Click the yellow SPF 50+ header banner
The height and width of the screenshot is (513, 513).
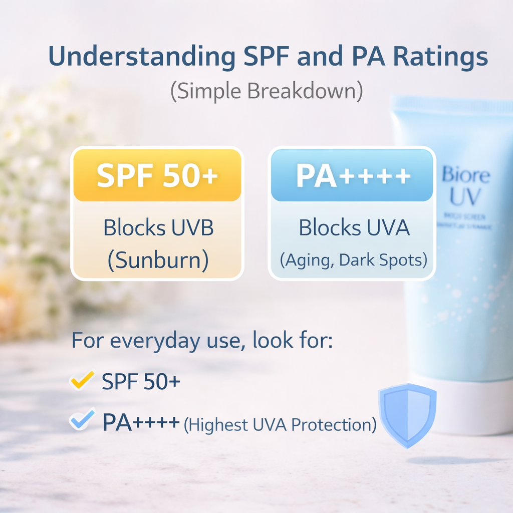[157, 175]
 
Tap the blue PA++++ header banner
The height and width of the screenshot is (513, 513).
[352, 175]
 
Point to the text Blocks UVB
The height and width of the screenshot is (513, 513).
[158, 228]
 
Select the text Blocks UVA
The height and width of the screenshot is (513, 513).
[354, 228]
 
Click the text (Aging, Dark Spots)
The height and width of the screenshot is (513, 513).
[353, 260]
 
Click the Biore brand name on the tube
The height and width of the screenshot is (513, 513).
[465, 175]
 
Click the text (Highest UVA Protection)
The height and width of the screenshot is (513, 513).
[280, 425]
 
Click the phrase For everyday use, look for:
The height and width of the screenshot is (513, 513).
[202, 340]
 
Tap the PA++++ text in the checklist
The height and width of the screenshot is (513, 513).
[141, 422]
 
